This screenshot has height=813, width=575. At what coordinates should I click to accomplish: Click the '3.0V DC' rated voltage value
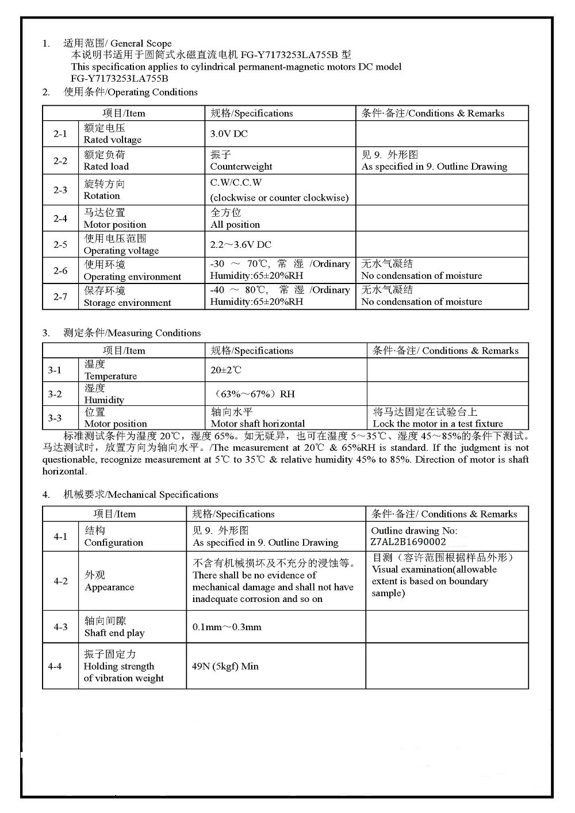coord(229,134)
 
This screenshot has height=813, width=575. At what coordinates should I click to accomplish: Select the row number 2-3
coord(60,190)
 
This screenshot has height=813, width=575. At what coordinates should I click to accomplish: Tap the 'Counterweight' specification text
coord(241,167)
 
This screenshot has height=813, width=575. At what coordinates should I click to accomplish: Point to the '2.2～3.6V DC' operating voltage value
coord(240,245)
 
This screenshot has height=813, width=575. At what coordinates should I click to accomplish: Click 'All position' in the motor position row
coord(235,225)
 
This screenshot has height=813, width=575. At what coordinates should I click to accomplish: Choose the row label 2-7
coord(60,297)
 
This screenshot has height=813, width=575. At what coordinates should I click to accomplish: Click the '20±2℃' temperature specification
coord(226,370)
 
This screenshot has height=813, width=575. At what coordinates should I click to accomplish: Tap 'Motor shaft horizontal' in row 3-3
coord(258,424)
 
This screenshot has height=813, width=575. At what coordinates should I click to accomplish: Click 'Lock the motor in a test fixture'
coord(438,424)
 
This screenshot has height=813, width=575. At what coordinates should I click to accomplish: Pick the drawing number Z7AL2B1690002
coord(408,542)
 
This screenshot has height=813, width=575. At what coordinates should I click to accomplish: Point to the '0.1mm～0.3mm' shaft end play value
coord(227,627)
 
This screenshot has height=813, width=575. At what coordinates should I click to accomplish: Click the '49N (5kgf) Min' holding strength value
coord(225,666)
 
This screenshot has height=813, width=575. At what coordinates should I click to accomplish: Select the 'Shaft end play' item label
coord(114,633)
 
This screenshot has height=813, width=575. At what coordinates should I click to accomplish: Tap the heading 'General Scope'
coord(141,44)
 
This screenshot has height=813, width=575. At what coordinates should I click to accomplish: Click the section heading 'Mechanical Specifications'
coord(163,495)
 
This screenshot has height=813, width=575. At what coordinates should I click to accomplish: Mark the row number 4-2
coord(60,581)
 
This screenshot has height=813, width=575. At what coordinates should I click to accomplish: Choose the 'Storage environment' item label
coord(127,303)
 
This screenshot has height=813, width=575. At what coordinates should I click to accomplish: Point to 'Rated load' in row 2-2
coord(106,167)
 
